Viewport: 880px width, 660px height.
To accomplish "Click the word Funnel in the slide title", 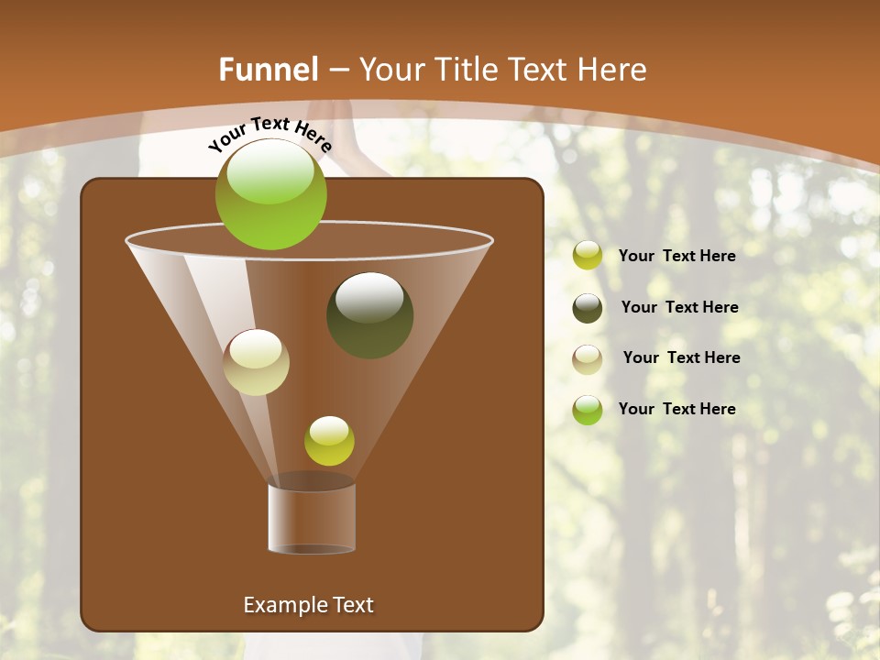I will (x=268, y=70).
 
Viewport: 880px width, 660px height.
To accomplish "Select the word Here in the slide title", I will (x=612, y=70).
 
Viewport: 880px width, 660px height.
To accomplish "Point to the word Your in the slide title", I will (x=392, y=70).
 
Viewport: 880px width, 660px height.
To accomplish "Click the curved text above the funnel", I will (x=270, y=134).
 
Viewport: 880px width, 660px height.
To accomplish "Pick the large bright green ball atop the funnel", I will (x=271, y=194).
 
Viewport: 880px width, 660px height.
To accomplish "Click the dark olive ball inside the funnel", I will (x=369, y=315).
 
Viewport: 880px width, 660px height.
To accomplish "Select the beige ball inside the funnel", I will (x=256, y=362).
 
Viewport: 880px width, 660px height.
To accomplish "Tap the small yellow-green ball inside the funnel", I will (x=329, y=441).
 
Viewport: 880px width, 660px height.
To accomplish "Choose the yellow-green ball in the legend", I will (x=588, y=256).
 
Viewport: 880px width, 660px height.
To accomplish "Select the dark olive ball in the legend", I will (x=588, y=308).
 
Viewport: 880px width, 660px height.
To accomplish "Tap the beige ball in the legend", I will (x=588, y=358).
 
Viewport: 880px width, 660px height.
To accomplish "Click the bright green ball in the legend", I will (x=588, y=410).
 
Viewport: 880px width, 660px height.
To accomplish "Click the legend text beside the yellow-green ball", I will (x=676, y=256).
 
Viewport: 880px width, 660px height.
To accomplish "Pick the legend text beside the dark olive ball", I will (x=679, y=307).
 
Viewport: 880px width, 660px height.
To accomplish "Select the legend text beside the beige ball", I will (x=681, y=357).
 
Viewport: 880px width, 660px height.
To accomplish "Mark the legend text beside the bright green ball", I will (x=676, y=409).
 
